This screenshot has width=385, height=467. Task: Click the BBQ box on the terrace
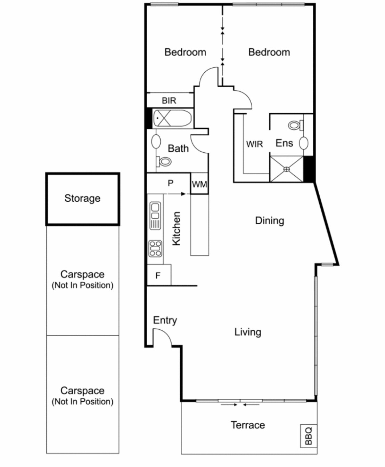pos(308,436)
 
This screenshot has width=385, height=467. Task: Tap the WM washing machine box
pos(199,183)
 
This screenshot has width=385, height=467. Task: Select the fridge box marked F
pos(159,275)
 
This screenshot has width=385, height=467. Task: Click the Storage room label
pos(82,199)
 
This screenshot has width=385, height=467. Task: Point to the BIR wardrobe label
pos(169,100)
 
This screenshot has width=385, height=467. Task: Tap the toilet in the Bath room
pos(164,161)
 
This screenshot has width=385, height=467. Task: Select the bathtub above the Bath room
pos(172,118)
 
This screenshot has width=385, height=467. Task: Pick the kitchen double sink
pos(155,216)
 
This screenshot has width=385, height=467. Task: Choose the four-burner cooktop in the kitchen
pos(155,249)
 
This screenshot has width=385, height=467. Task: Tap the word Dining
pos(270,220)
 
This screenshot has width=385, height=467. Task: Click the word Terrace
pos(248,425)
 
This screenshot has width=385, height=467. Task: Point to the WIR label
pos(254,144)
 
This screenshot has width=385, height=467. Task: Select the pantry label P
pos(170,183)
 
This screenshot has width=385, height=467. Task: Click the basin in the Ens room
pos(303,143)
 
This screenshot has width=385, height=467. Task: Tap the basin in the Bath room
pos(156,142)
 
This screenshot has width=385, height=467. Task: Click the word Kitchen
pos(177,228)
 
